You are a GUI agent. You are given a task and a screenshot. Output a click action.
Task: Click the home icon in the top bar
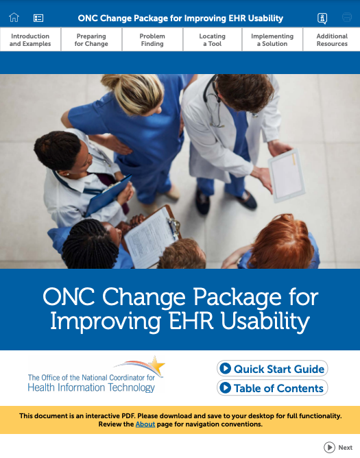14,18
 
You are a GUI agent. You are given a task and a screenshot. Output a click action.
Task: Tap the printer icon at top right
346,18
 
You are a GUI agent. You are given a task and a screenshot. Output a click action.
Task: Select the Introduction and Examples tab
30,40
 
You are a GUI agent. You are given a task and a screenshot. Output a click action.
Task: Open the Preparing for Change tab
91,40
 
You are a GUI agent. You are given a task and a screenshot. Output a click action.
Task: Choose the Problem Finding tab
152,40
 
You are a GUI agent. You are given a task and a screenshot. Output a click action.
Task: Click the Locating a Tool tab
213,40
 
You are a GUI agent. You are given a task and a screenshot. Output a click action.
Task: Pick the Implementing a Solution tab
272,40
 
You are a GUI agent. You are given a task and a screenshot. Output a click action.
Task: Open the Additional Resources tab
332,40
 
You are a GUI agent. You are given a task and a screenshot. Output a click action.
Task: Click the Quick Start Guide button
272,369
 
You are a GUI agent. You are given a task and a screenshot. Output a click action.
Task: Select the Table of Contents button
272,388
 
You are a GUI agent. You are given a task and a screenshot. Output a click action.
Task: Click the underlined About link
145,424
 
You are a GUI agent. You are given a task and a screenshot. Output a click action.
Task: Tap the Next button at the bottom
339,448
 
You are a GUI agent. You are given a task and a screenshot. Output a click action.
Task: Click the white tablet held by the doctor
286,173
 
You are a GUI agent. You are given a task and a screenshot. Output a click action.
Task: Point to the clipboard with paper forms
151,237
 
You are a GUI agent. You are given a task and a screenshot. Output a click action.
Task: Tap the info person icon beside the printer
322,18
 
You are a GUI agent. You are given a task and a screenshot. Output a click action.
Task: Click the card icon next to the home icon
38,18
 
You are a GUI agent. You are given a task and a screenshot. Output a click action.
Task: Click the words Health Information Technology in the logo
91,388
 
